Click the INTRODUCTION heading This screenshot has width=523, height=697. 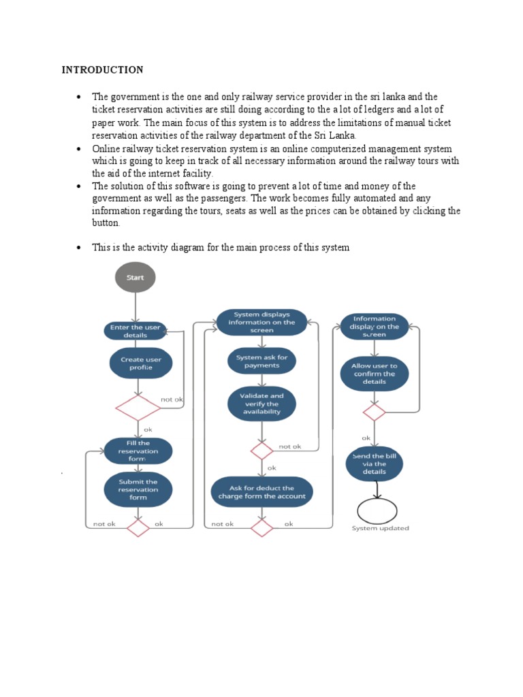coord(102,70)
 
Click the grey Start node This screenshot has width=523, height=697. coord(135,278)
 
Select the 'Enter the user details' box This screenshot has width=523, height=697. coord(135,331)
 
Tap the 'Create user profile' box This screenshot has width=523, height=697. coord(140,363)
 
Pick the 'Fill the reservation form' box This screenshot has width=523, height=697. coord(138,451)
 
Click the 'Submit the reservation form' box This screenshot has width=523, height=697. coord(138,489)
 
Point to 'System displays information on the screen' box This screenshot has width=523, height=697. coord(261,323)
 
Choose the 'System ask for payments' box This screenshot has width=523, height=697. coord(262,361)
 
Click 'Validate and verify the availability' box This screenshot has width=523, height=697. coord(262,404)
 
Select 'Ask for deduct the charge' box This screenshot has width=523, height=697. coord(262,492)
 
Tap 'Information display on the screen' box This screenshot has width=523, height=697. coord(374,327)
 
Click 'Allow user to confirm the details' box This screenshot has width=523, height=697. coord(374,374)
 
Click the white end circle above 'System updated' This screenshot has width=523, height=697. coord(377,510)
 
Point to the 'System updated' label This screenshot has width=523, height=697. coord(380,528)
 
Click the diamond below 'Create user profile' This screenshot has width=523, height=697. coord(138,408)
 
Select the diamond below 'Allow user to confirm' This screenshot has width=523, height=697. coord(374,412)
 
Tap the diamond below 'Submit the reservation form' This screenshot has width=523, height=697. coord(138,528)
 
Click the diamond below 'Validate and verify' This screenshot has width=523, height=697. coord(261,450)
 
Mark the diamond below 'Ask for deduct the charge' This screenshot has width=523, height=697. coord(261,528)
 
